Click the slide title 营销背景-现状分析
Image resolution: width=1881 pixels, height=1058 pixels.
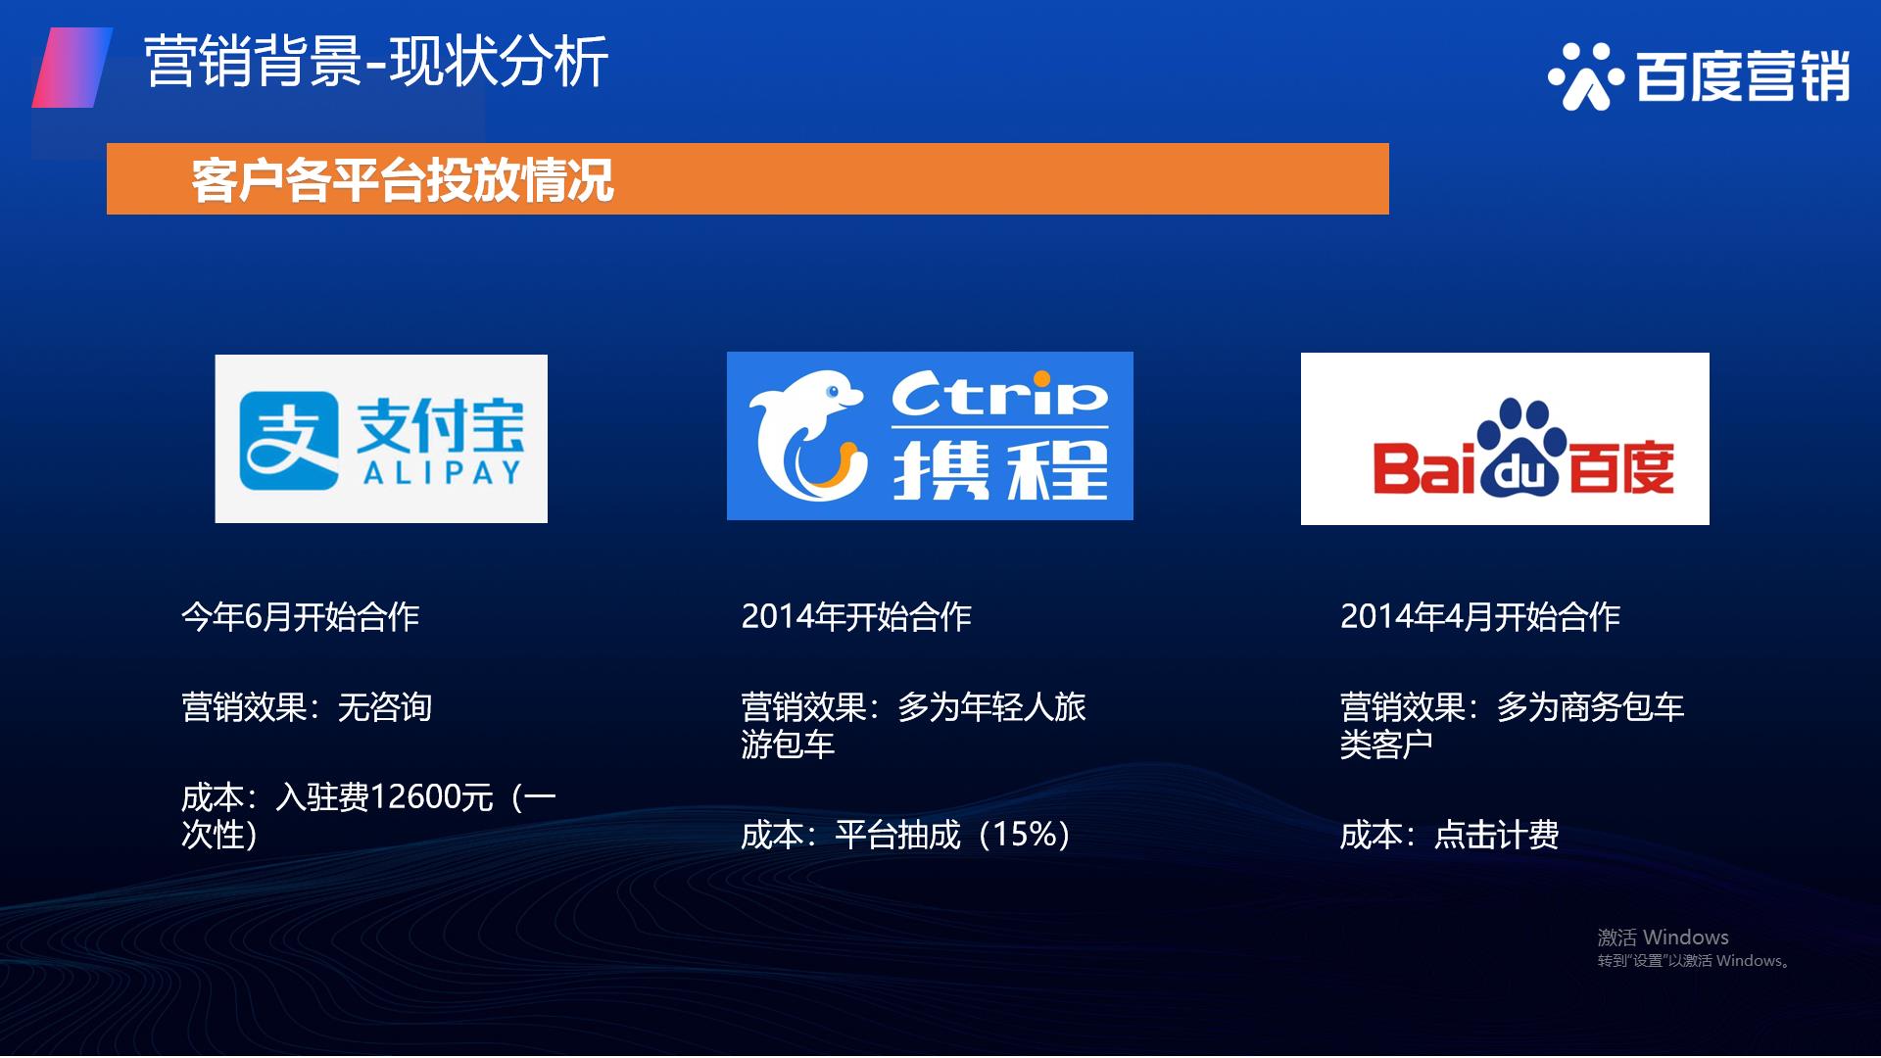tap(376, 61)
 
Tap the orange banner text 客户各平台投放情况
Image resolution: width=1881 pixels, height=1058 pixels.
tap(403, 179)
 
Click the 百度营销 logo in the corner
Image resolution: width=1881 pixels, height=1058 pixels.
tap(1699, 75)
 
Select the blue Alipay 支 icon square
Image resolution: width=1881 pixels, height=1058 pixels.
tap(289, 440)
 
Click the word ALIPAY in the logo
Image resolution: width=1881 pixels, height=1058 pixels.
tap(442, 473)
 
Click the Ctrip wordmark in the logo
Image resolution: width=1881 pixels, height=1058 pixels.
tap(999, 395)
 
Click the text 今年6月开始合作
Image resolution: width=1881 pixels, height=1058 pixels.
tap(301, 616)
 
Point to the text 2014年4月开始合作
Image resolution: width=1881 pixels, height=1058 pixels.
tap(1480, 616)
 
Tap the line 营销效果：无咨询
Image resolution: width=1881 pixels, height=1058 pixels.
tap(307, 706)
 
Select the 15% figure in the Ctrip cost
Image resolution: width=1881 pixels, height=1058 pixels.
tap(1026, 834)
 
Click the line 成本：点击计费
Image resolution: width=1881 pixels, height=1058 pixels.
tap(1449, 835)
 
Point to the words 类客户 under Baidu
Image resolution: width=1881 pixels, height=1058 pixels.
tap(1386, 745)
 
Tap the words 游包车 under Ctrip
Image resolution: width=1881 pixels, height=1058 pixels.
tap(788, 745)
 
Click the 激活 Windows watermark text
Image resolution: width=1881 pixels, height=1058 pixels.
tap(1663, 938)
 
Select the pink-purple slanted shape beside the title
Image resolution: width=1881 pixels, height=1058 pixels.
tap(72, 67)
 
